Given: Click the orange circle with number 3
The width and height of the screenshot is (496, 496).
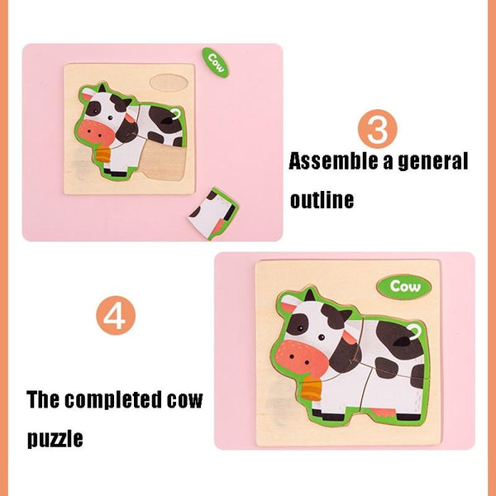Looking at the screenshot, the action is (x=378, y=129).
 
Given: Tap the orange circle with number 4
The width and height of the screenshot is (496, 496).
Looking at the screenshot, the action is (x=116, y=316).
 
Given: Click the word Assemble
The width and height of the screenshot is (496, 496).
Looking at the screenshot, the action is (x=334, y=161).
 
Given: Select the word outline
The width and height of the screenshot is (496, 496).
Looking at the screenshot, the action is (x=322, y=199).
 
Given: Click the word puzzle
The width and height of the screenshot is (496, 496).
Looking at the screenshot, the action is (x=55, y=439).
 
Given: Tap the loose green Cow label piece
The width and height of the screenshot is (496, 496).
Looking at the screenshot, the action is (x=216, y=62).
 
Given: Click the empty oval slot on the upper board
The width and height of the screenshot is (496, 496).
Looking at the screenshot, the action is (x=169, y=83).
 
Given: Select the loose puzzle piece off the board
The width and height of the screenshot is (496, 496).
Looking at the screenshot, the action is (x=214, y=213).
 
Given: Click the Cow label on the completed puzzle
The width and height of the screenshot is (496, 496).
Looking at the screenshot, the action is (x=404, y=287).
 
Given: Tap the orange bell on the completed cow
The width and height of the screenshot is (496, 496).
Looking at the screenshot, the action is (x=312, y=389).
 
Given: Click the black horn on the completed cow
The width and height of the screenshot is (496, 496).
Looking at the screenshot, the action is (x=310, y=294).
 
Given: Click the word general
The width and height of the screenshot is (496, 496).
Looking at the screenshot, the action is (x=432, y=162).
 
